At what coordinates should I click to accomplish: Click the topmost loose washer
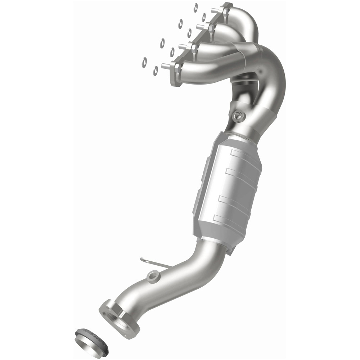(x=195, y=7)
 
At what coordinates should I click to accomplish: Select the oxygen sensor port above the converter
(x=238, y=116)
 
